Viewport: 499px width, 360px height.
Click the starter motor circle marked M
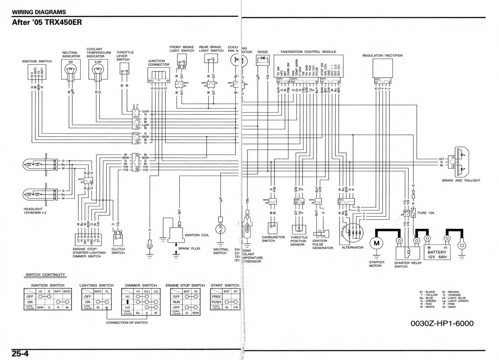coord(377,243)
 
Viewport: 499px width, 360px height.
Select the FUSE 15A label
coord(426,213)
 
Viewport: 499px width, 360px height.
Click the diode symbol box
coord(262,59)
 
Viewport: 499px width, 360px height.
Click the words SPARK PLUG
coord(189,248)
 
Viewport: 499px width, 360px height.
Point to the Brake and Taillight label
coord(461,181)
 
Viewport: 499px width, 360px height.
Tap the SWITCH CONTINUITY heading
coord(45,275)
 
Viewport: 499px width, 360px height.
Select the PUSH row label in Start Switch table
coord(216,302)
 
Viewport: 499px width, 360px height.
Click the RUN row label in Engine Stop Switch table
coord(176,302)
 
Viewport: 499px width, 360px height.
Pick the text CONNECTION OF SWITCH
coord(127,323)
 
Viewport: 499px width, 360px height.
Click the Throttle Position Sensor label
coord(299,241)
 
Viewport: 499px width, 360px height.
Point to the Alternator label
coord(352,247)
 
